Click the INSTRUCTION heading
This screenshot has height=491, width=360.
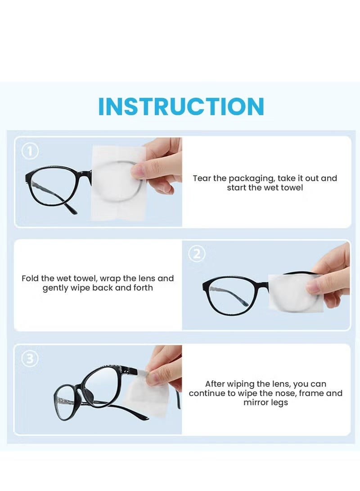point(181,106)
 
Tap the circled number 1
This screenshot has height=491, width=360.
point(30,151)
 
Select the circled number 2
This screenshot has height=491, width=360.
point(197,254)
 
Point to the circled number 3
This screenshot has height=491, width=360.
point(30,358)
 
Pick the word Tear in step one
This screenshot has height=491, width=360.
point(202,178)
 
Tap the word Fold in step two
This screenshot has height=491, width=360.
point(30,279)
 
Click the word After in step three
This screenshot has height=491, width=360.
point(215,384)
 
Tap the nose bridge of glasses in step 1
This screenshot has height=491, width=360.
point(85,175)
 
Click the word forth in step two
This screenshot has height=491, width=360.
point(143,288)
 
